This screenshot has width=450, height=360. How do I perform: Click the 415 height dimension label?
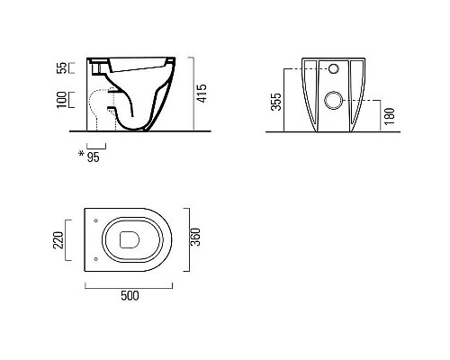click(x=202, y=94)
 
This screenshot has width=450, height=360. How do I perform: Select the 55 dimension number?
click(x=61, y=67)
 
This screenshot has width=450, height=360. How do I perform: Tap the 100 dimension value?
click(x=61, y=100)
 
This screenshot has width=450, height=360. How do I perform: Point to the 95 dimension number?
click(x=93, y=157)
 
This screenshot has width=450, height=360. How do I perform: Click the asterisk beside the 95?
click(x=81, y=154)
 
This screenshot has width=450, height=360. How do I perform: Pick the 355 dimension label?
click(x=276, y=102)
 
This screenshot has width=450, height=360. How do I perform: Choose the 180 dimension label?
click(x=390, y=116)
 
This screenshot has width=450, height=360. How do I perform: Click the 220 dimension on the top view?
click(x=58, y=240)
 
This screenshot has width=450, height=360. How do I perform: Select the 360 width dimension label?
click(x=195, y=237)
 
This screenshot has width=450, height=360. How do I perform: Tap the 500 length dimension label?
click(x=130, y=296)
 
